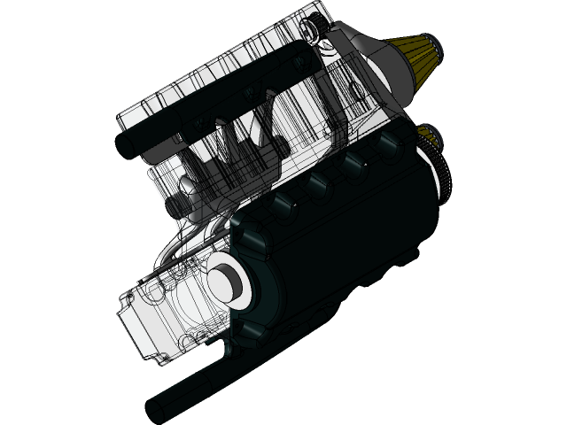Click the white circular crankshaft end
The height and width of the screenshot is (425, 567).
pyautogui.click(x=223, y=276)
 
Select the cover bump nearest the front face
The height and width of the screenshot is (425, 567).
pyautogui.click(x=282, y=206)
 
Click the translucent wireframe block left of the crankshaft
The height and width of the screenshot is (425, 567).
pyautogui.click(x=177, y=305)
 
